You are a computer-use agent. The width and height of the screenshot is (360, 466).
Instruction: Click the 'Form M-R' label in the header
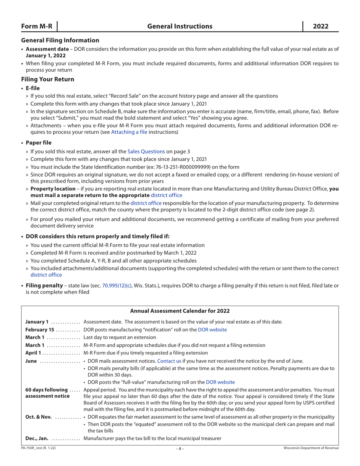click(36, 27)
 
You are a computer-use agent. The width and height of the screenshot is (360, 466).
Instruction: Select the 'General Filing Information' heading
click(60, 40)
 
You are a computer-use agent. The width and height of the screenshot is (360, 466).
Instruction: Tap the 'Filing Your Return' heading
click(48, 79)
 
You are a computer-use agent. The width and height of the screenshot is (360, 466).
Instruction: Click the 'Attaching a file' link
click(129, 132)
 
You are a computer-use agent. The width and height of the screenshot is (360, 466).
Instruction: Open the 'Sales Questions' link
click(146, 151)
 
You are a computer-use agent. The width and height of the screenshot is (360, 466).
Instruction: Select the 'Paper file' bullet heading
click(38, 142)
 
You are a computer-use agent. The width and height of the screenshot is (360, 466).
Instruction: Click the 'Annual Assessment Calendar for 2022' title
click(180, 311)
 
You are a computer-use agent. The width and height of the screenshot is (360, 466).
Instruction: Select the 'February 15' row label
click(39, 330)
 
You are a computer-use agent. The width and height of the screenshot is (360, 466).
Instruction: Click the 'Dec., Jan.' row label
click(37, 438)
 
